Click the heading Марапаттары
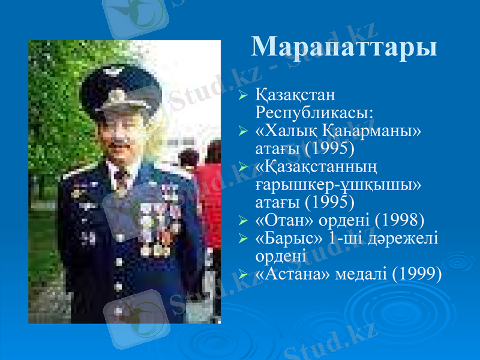click(x=343, y=46)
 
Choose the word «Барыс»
click(x=287, y=238)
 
